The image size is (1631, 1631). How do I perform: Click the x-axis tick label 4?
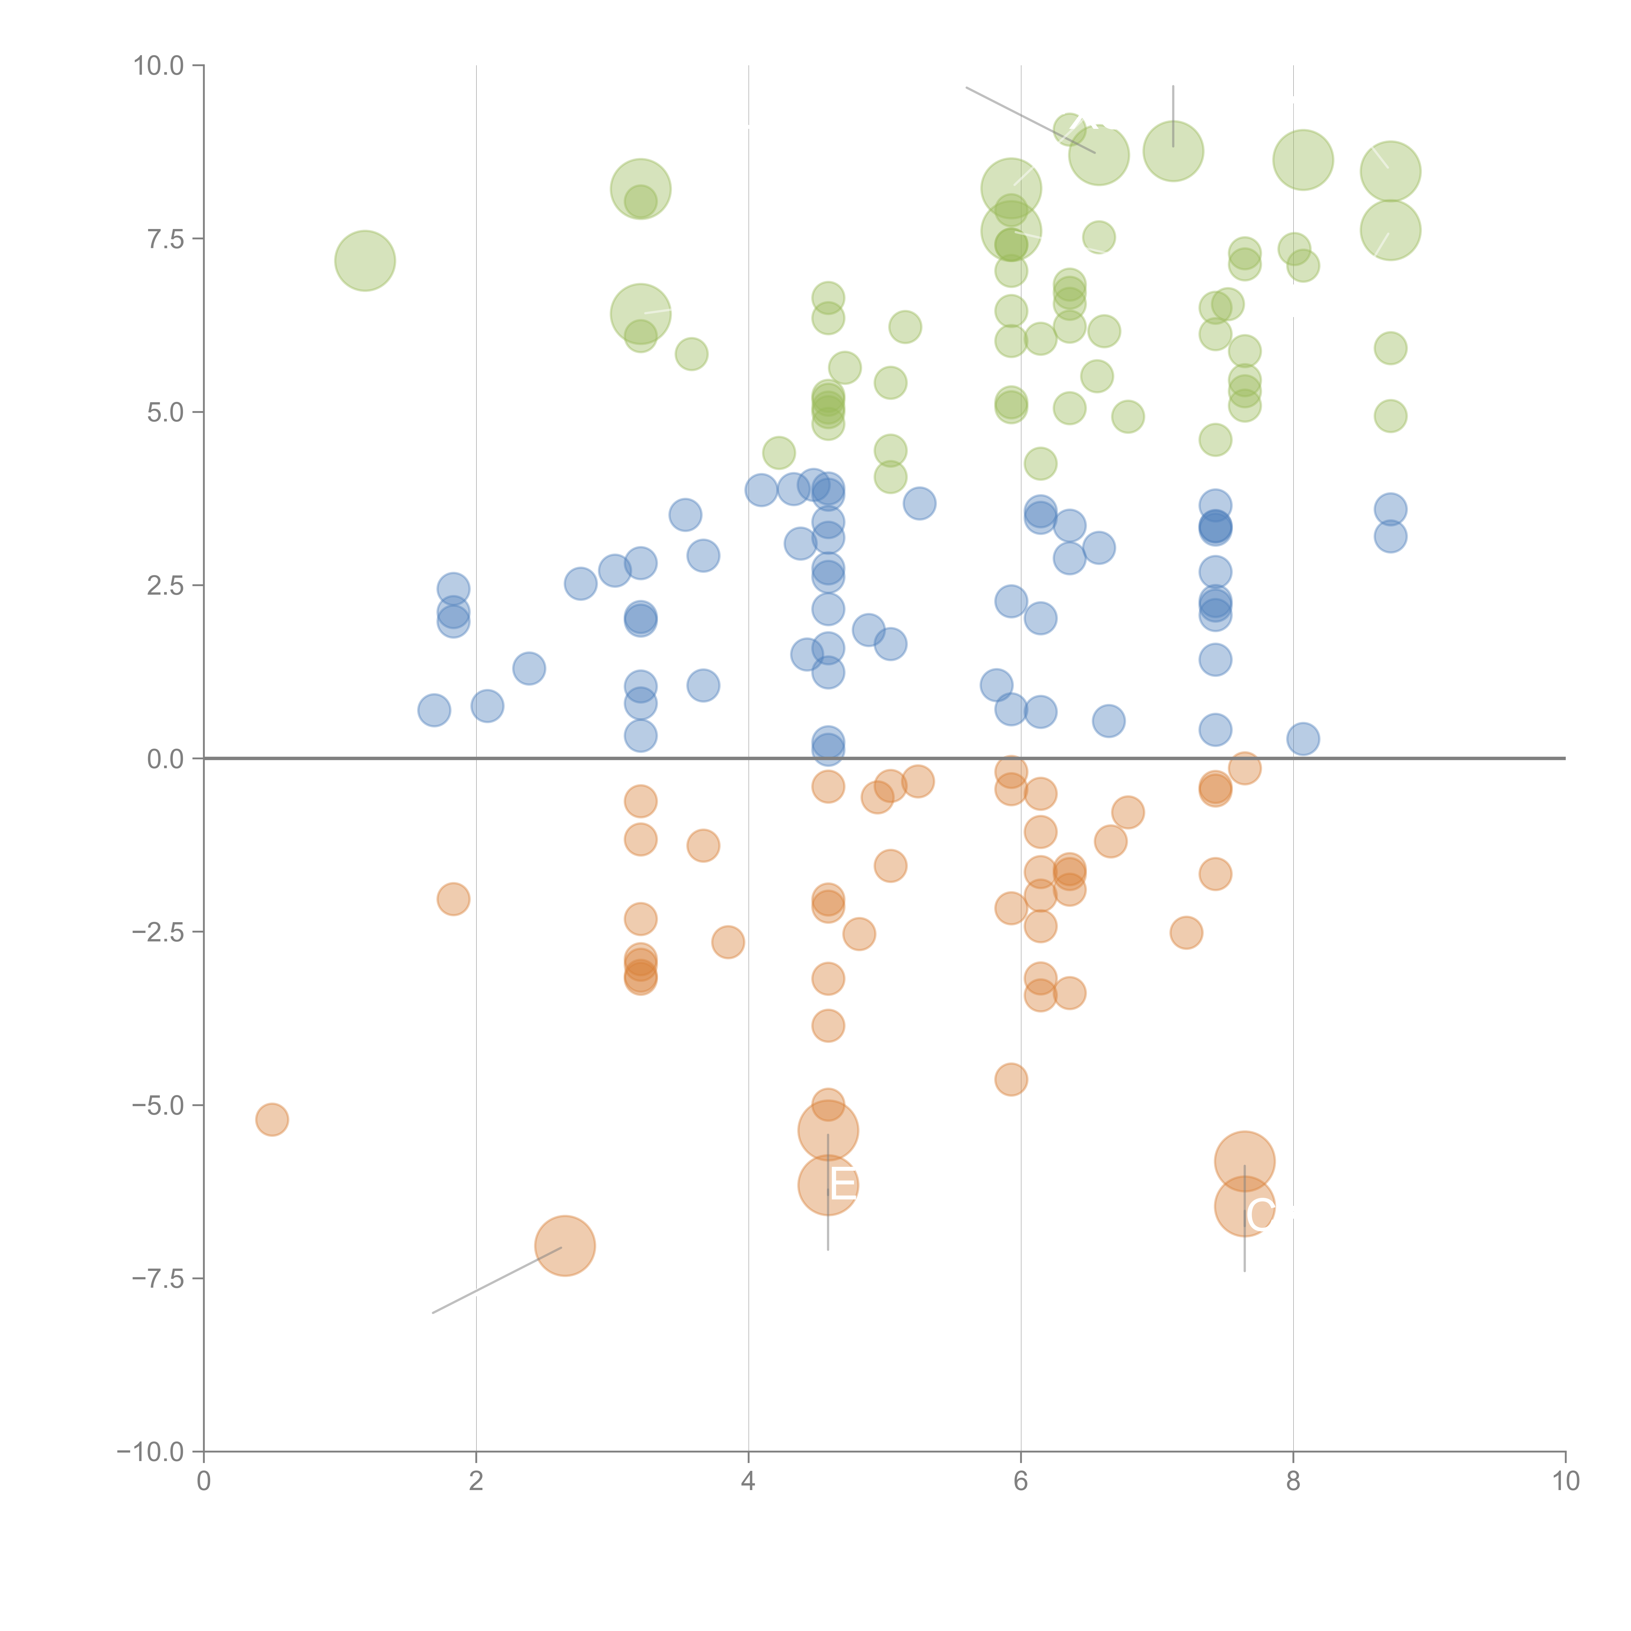pyautogui.click(x=748, y=1482)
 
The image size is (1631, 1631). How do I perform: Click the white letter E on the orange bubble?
pyautogui.click(x=843, y=1184)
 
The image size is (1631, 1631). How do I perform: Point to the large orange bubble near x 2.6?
pyautogui.click(x=565, y=1246)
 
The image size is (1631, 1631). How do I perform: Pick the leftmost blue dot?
pyautogui.click(x=434, y=710)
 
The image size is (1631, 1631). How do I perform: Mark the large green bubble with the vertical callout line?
pyautogui.click(x=1173, y=151)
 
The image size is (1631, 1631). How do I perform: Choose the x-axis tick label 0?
pyautogui.click(x=204, y=1482)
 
